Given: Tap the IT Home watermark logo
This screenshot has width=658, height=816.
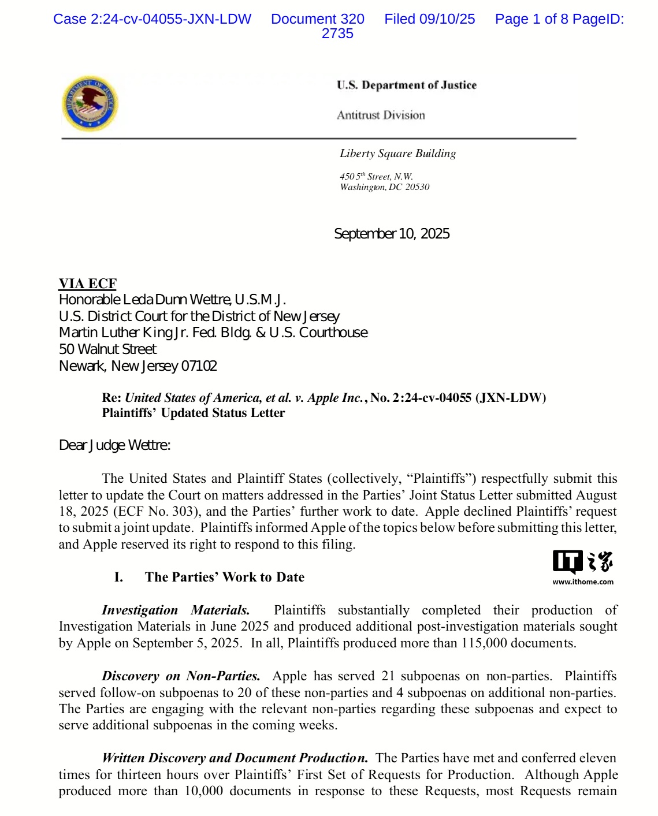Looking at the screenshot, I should (x=582, y=562).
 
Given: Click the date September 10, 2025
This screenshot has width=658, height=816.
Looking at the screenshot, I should (x=392, y=234).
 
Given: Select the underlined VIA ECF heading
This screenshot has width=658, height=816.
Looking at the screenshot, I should (x=88, y=284).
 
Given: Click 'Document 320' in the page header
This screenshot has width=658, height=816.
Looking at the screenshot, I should (x=318, y=19).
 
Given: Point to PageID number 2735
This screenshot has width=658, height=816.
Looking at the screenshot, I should (x=337, y=33).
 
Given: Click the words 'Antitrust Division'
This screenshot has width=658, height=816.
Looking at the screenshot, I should (x=381, y=115).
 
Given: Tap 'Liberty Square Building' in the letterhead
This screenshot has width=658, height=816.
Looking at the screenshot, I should (x=397, y=154).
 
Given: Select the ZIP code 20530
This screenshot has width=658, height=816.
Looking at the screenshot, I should (x=417, y=187).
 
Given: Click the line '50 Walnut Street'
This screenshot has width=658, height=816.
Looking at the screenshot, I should (x=107, y=349).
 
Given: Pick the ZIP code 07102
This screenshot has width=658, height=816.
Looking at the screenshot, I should (x=199, y=366).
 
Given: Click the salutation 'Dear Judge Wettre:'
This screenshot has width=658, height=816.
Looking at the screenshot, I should (x=114, y=445).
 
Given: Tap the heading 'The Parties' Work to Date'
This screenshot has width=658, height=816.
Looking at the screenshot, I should (x=224, y=577).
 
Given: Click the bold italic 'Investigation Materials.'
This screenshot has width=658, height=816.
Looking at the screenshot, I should (x=176, y=610).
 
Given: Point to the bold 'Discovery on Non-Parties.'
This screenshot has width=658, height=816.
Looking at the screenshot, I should (x=181, y=676).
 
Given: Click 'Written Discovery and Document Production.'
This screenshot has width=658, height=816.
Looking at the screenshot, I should (x=235, y=758).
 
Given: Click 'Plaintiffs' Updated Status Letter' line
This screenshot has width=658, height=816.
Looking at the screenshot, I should (x=193, y=413).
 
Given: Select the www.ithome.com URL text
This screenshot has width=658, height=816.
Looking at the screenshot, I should (x=583, y=582).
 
